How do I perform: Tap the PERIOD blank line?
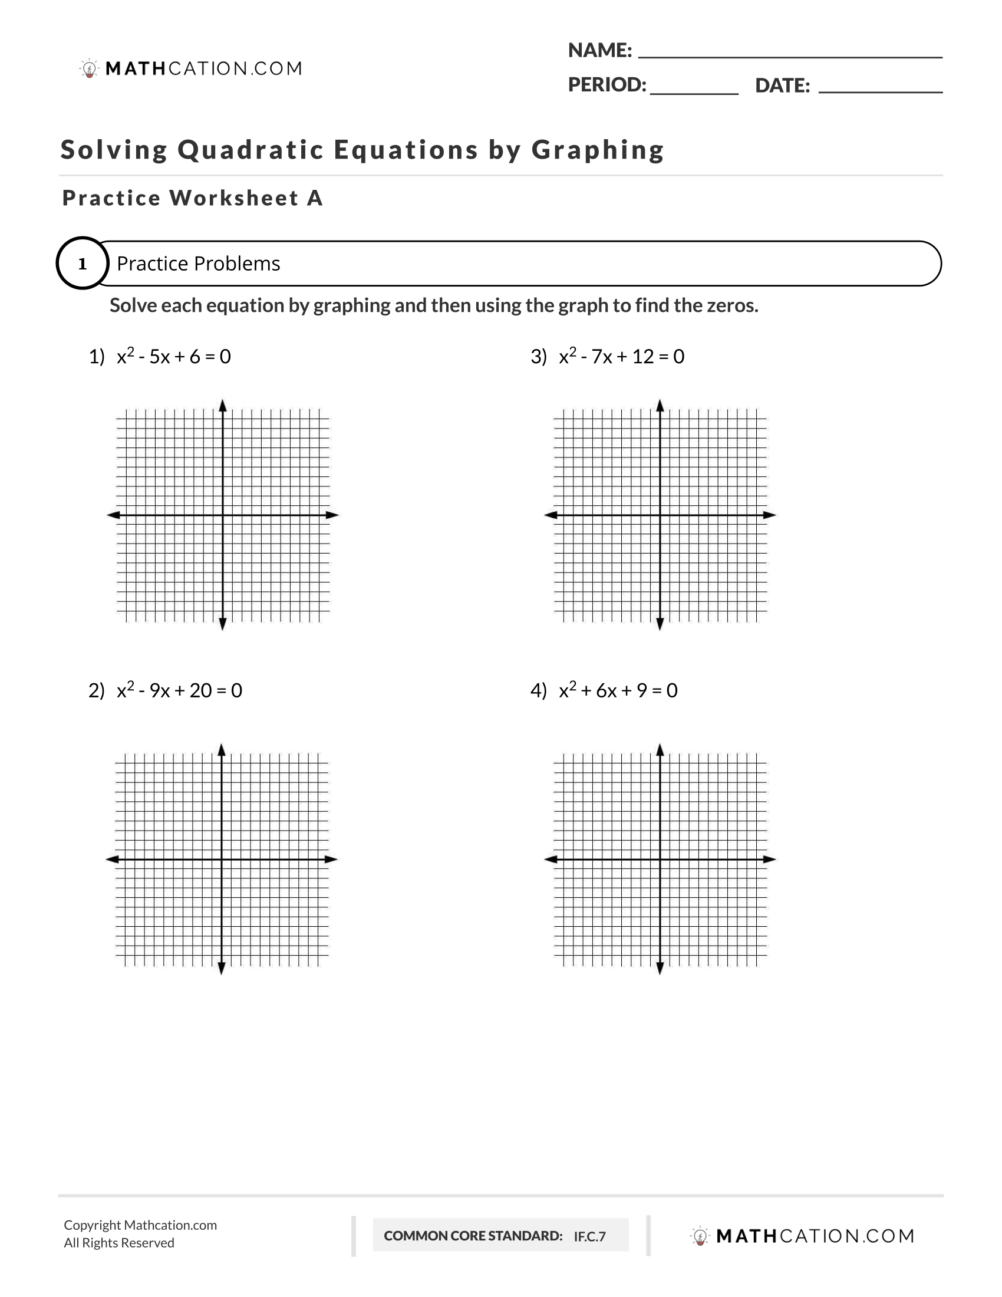pos(694,92)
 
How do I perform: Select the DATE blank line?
pos(881,91)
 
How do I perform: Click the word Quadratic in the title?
pos(250,150)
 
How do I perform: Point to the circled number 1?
pos(83,264)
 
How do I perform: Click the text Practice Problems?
pos(198,264)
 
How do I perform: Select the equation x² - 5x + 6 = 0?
pos(173,356)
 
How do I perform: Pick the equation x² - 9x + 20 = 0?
pos(179,690)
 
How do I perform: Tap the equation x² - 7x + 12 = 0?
pos(621,356)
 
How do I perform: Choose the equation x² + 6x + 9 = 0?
pos(618,690)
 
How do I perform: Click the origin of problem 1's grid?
pos(223,515)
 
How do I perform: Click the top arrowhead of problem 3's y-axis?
pos(660,405)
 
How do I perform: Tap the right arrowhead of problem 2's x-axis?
pos(331,859)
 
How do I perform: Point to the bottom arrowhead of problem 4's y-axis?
pos(660,968)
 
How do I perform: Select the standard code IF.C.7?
pos(589,1237)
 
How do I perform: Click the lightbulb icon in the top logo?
pos(89,70)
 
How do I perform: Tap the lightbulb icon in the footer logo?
pos(700,1236)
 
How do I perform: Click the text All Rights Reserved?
pos(118,1243)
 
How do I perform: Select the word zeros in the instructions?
pos(734,305)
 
